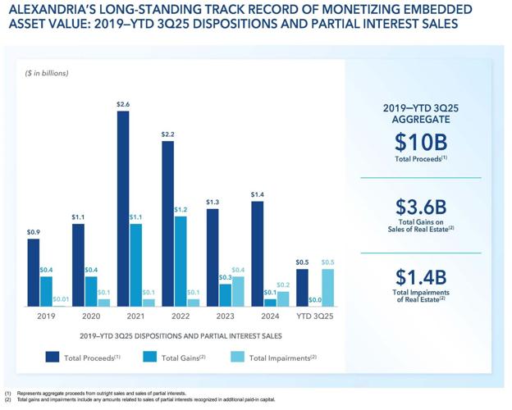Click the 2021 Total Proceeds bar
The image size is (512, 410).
click(123, 208)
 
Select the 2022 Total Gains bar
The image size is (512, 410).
click(181, 261)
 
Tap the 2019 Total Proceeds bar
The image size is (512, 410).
click(34, 274)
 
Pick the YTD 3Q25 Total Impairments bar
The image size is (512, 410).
click(327, 288)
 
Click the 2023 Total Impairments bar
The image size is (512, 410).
click(238, 291)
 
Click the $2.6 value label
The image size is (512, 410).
click(123, 104)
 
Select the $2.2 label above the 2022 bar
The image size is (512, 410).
click(167, 134)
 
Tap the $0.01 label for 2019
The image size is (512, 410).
click(61, 300)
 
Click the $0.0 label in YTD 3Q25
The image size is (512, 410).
click(315, 300)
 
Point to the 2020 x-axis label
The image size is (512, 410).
click(92, 316)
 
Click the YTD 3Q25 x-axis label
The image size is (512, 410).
click(315, 316)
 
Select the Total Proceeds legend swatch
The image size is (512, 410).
click(52, 357)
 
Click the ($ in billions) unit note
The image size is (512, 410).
click(47, 73)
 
